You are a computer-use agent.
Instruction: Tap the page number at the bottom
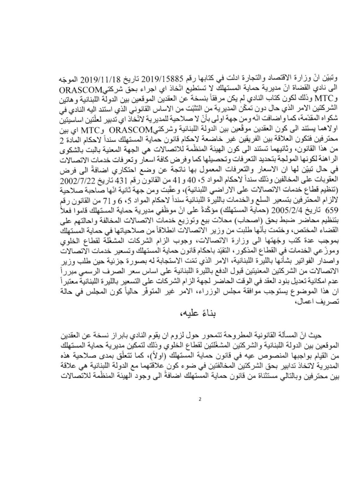(x=200, y=400)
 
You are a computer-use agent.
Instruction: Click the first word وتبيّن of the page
(x=329, y=79)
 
